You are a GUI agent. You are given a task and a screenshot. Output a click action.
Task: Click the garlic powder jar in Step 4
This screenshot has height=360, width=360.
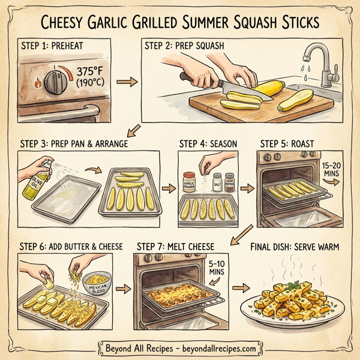tap(190, 183)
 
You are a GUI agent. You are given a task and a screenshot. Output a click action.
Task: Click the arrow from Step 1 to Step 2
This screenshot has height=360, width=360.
tap(124, 79)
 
